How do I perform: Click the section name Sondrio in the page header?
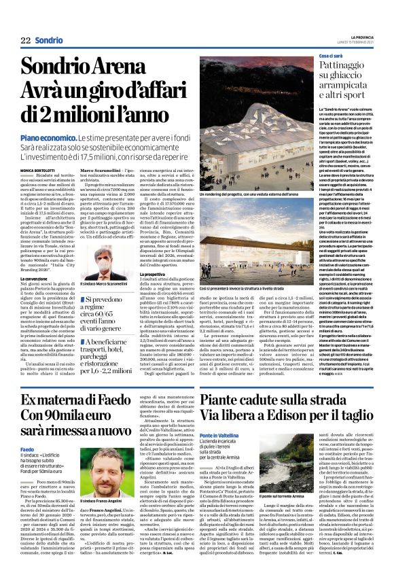(50, 40)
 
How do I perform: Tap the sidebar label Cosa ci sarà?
(313, 54)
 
